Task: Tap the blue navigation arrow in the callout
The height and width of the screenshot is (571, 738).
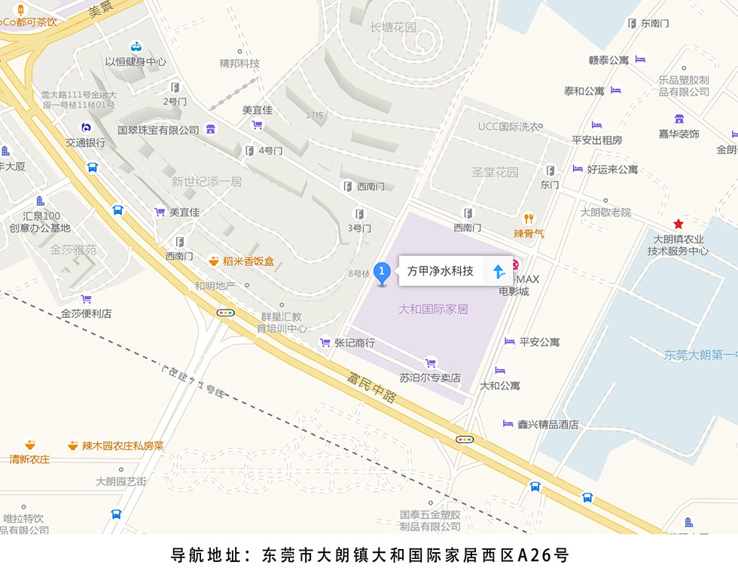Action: tap(499, 271)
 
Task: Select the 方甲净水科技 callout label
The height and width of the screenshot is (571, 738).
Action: tap(441, 271)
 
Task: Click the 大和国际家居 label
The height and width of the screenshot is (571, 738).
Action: tap(433, 309)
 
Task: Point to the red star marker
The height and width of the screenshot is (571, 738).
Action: tap(679, 224)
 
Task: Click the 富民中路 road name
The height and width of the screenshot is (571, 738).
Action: tap(372, 386)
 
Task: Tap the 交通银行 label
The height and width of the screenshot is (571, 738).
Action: tap(85, 142)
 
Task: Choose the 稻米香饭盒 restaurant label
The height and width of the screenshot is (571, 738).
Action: tap(248, 261)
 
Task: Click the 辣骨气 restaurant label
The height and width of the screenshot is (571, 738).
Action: tap(529, 234)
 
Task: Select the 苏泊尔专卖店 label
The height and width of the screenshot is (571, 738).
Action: tap(430, 377)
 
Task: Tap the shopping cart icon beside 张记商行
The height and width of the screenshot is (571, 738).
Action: tap(325, 342)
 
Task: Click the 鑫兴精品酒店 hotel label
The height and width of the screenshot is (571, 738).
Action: tap(547, 424)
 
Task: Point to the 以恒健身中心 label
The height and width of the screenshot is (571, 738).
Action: tap(136, 62)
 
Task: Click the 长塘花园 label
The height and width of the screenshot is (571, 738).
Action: tap(393, 27)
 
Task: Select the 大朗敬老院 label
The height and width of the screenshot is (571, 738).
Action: tap(605, 212)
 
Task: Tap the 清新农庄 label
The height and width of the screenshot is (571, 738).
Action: tap(29, 459)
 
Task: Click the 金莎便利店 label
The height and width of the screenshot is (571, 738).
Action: tap(87, 313)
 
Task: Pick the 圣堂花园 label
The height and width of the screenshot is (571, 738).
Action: tap(495, 172)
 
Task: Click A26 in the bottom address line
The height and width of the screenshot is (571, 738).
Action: tap(535, 556)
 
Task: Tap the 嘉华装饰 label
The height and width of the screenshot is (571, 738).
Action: tap(679, 133)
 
